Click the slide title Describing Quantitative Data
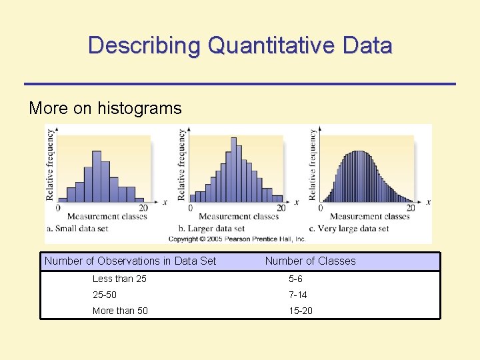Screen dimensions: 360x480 tap(240, 45)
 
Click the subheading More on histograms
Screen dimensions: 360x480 tap(105, 108)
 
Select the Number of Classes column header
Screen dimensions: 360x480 tap(310, 261)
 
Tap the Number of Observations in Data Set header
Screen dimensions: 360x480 tap(130, 261)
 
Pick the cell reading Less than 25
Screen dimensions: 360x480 tap(119, 279)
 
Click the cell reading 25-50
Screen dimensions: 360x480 tap(105, 295)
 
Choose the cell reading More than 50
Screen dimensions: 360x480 tap(120, 311)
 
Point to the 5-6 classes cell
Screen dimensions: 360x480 tap(295, 279)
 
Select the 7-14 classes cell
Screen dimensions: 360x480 tap(297, 295)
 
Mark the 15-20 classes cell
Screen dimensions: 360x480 tap(300, 311)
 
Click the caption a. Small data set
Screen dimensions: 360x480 tap(85, 229)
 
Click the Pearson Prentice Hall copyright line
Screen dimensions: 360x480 tap(237, 239)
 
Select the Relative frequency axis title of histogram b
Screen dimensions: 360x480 tap(181, 165)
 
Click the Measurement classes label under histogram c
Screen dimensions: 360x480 tap(369, 217)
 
